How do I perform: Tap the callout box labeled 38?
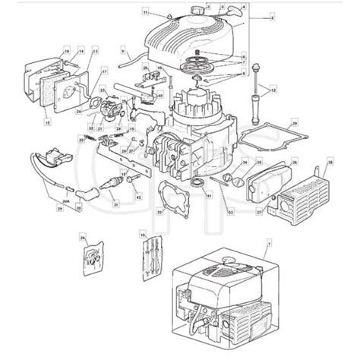330,163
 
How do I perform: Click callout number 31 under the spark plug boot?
114,201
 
